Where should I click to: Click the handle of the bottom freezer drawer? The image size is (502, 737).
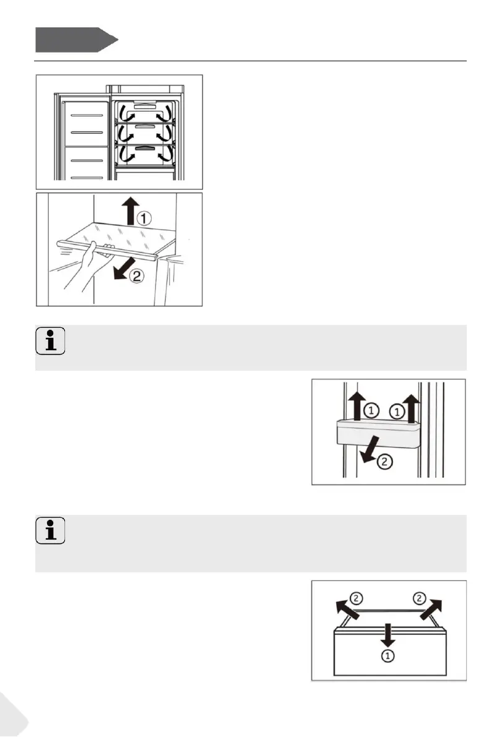(143, 149)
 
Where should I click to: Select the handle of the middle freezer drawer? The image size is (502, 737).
(143, 126)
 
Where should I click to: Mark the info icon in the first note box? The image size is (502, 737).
(50, 342)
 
